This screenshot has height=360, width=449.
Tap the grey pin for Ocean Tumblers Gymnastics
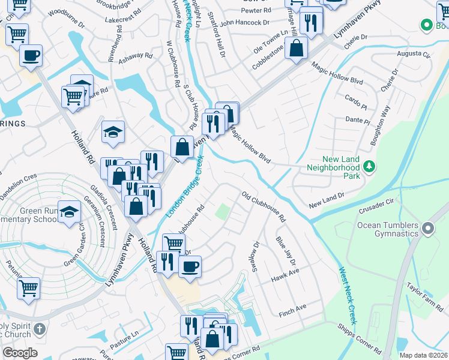(428, 229)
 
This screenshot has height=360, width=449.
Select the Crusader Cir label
(376, 206)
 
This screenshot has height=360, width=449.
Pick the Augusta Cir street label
(414, 55)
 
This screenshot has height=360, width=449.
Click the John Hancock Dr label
(245, 23)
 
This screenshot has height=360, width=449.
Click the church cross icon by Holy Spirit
(40, 329)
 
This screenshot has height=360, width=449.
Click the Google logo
(20, 352)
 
